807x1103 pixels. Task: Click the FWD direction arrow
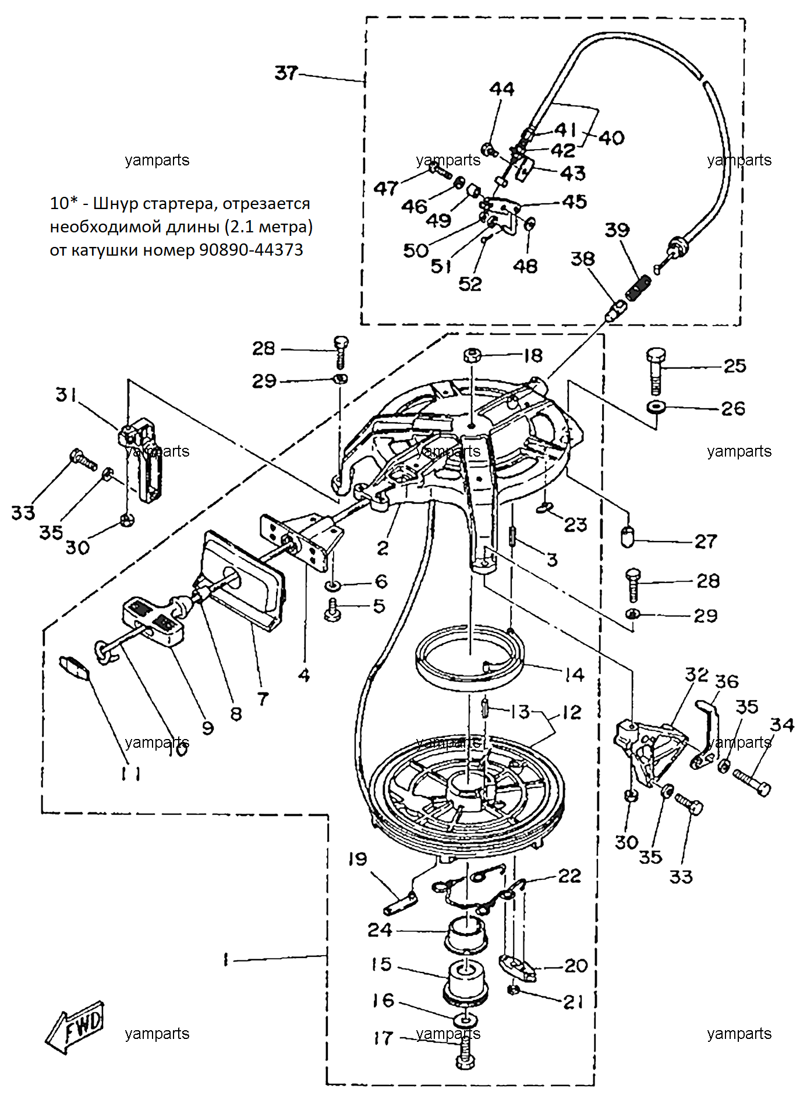75,1027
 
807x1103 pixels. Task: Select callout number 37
286,73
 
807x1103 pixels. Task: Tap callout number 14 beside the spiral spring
574,674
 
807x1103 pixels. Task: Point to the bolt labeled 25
656,371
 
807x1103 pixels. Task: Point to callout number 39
617,229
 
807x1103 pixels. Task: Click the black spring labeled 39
638,288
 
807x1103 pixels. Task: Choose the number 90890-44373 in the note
251,250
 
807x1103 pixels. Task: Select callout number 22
569,876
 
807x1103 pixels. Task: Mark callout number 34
782,724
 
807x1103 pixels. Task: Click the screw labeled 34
752,782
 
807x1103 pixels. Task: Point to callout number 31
66,395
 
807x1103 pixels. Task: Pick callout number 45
574,201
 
